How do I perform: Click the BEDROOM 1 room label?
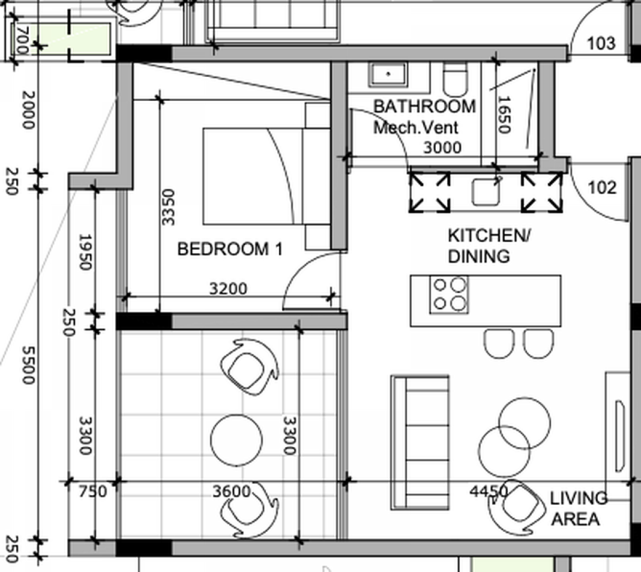[230, 249]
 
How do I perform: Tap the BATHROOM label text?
[425, 106]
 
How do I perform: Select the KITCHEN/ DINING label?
[489, 246]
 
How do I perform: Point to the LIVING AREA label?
[579, 508]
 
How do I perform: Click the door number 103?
[601, 43]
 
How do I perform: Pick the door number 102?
[602, 187]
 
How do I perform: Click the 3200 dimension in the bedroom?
[228, 289]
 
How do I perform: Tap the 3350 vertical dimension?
[168, 207]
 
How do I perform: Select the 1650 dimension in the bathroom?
[504, 115]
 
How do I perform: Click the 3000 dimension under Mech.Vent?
[442, 148]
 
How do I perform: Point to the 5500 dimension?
[28, 365]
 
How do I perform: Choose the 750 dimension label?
[93, 492]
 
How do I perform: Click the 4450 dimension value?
[489, 491]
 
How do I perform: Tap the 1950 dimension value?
[85, 252]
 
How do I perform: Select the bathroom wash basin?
[388, 75]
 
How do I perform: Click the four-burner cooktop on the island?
[449, 295]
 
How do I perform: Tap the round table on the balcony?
[236, 441]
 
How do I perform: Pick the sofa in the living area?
[420, 443]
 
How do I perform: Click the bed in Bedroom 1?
[267, 176]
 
